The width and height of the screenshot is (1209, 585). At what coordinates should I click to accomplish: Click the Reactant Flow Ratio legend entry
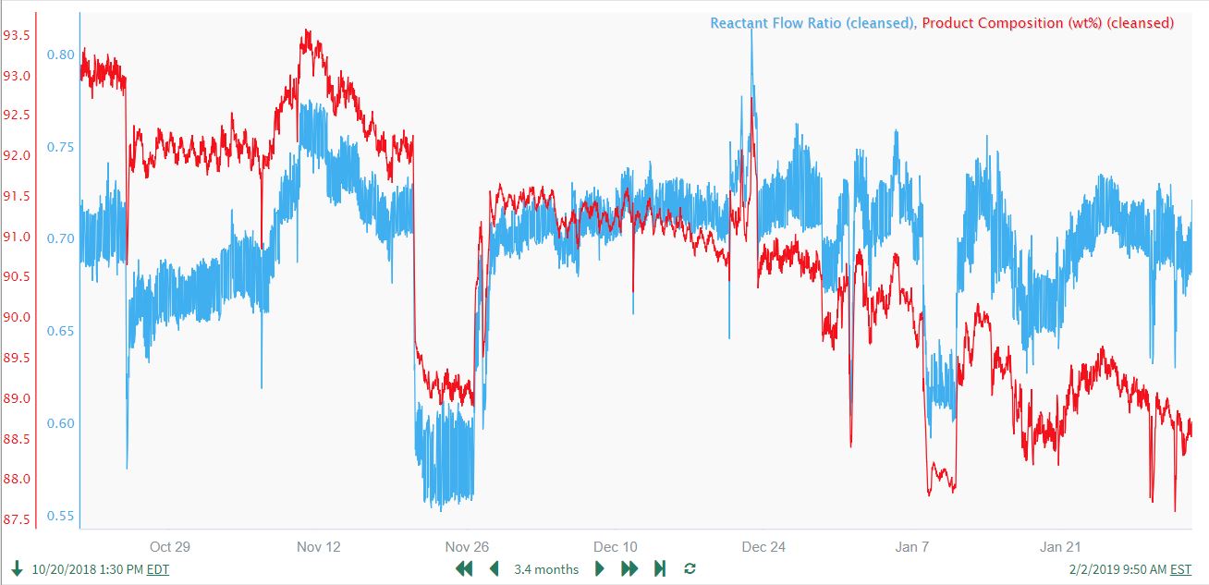[x=811, y=23]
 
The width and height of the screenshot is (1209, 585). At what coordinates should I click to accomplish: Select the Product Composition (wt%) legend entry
[x=1048, y=23]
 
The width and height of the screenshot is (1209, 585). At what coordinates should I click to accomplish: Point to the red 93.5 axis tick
[x=17, y=36]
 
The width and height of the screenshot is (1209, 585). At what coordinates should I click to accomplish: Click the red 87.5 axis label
[x=17, y=519]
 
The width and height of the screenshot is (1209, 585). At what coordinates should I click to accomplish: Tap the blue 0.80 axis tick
[x=60, y=55]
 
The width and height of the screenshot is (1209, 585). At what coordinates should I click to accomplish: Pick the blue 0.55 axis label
[x=60, y=516]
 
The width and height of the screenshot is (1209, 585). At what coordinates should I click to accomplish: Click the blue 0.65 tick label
[x=60, y=331]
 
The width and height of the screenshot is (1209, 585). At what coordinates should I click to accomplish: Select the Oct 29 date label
[x=170, y=546]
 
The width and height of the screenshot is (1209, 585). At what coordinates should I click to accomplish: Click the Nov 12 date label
[x=319, y=546]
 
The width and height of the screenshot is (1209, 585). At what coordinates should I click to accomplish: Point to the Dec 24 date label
[x=763, y=546]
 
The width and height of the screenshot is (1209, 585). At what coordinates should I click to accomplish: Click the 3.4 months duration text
[x=546, y=569]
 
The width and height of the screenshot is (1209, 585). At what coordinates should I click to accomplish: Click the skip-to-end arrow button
[x=660, y=568]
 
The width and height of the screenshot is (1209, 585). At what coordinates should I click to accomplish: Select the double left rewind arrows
[x=464, y=568]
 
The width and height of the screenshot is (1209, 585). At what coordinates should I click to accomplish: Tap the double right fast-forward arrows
[x=629, y=568]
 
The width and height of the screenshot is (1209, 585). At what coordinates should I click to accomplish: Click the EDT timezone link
[x=158, y=569]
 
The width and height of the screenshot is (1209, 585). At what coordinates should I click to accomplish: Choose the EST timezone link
[x=1180, y=569]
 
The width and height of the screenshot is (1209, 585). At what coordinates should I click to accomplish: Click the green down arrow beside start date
[x=17, y=568]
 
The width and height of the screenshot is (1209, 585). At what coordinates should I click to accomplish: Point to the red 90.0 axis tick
[x=17, y=318]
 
